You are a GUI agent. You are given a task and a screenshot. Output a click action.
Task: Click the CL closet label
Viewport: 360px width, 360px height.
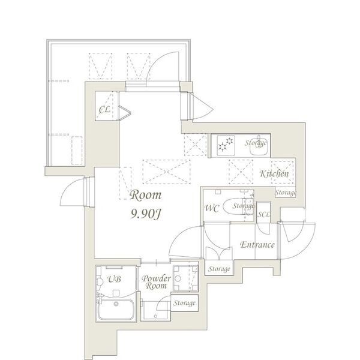click(104, 109)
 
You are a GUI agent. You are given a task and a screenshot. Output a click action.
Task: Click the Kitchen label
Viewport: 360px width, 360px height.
click(275, 174)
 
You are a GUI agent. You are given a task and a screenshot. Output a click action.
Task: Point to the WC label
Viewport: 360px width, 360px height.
click(211, 209)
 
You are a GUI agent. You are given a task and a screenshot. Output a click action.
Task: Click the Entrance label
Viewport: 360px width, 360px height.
click(257, 245)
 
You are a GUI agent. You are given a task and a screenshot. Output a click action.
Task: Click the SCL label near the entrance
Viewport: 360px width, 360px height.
click(263, 214)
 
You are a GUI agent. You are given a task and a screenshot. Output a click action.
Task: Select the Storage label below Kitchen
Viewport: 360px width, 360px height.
click(286, 193)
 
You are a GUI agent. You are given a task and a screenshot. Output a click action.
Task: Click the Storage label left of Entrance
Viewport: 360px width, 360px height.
click(220, 269)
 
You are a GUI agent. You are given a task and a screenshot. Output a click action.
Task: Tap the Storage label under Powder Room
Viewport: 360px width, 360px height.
click(184, 304)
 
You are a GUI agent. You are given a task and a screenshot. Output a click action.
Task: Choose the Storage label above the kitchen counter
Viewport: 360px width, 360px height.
click(256, 142)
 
